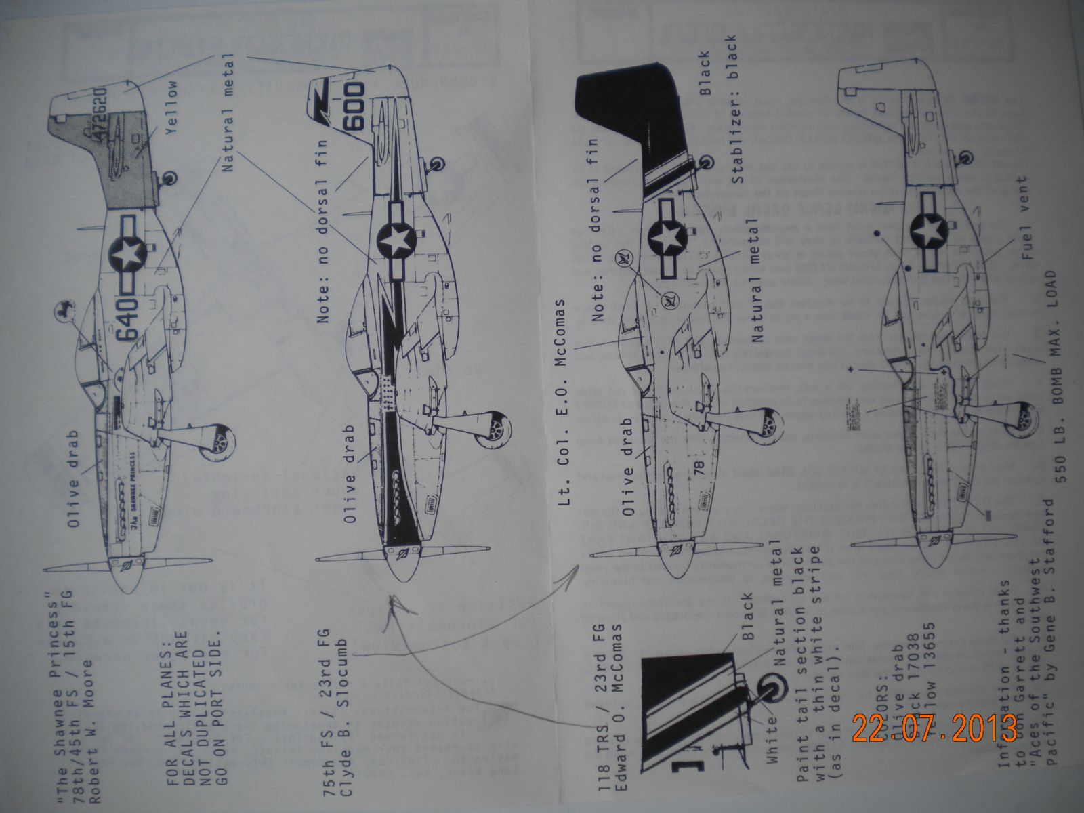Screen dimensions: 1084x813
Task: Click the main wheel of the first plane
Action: click(223, 442)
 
